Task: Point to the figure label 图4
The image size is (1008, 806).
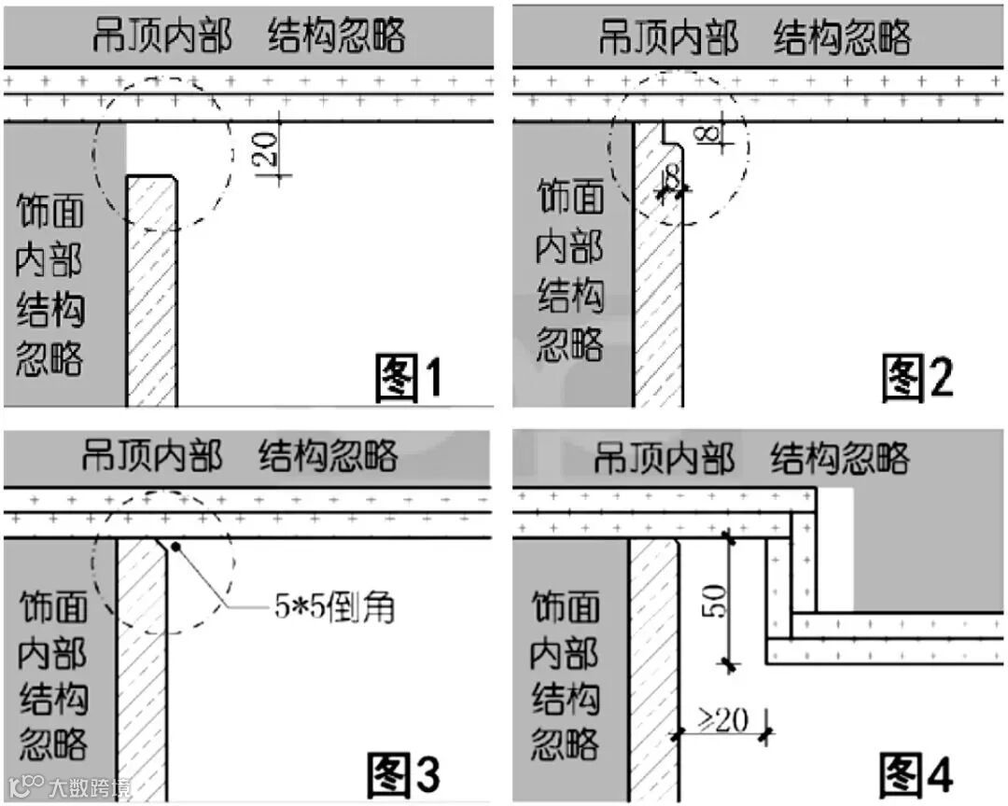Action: [x=917, y=773]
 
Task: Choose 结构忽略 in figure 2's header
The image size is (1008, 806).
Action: [x=842, y=37]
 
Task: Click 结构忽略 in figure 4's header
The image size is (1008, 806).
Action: [x=839, y=458]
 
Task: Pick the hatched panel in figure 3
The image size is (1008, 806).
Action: [x=141, y=672]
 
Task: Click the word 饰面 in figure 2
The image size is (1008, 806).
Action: [x=570, y=198]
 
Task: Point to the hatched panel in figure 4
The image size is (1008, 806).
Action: [x=653, y=672]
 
